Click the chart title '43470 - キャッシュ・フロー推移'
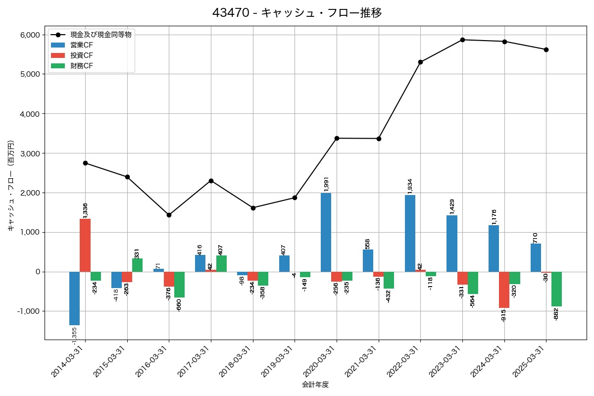click(297, 13)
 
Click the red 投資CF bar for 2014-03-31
click(85, 245)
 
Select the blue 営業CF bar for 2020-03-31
click(326, 232)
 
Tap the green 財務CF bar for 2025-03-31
click(556, 289)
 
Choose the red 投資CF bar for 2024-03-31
click(504, 290)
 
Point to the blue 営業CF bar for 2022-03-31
click(410, 233)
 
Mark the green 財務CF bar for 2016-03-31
click(179, 285)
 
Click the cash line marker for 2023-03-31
click(462, 40)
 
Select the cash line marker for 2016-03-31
click(169, 215)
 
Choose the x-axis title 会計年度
click(315, 385)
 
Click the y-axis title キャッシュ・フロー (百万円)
click(10, 186)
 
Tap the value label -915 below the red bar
click(504, 315)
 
